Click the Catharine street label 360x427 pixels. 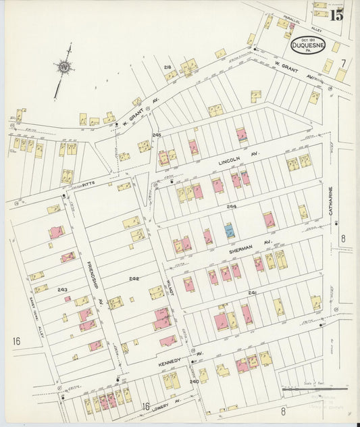331,202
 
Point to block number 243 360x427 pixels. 62,290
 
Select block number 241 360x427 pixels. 252,293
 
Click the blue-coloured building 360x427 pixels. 230,230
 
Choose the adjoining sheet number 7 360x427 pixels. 343,64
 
